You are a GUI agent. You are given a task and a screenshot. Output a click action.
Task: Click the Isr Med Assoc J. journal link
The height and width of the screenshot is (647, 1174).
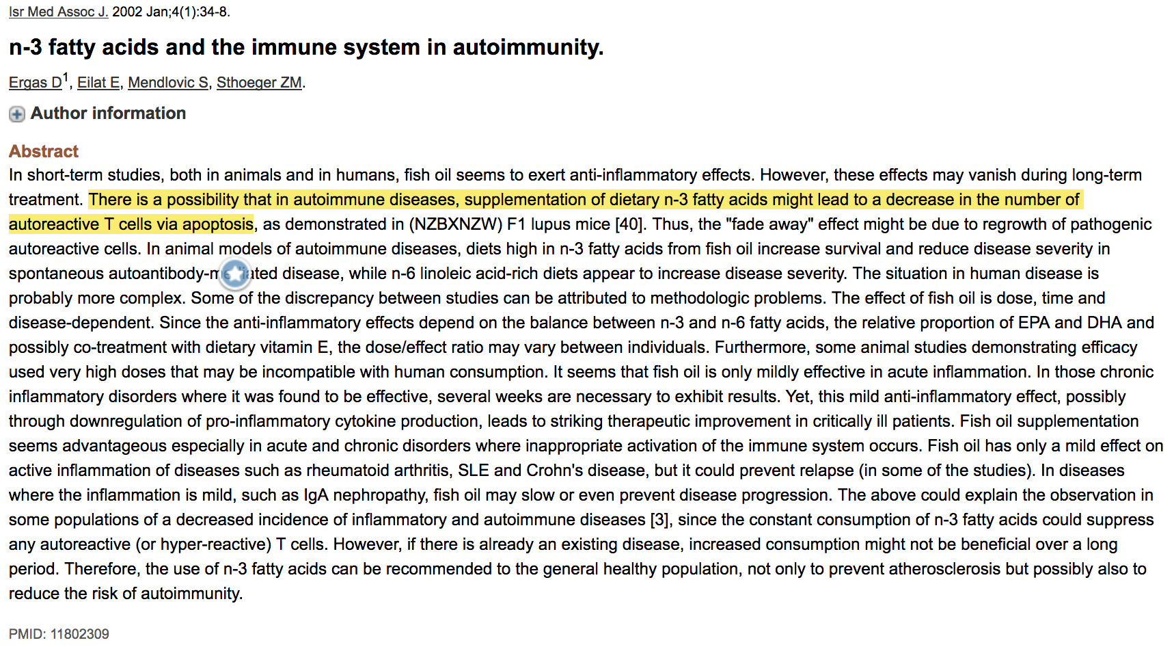58,12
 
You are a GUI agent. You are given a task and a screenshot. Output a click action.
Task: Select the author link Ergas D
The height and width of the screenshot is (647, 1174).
35,83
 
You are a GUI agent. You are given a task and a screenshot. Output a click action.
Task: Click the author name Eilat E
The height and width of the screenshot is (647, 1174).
98,83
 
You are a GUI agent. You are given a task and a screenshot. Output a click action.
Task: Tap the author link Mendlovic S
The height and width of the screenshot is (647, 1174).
168,83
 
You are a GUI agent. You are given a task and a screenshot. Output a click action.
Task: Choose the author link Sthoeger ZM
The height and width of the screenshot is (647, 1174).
259,83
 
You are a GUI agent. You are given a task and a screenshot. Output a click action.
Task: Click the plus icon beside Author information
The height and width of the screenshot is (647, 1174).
17,114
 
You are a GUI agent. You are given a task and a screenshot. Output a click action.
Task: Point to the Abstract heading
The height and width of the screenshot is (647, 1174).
44,151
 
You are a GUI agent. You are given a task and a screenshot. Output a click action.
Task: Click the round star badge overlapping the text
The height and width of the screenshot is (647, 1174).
235,274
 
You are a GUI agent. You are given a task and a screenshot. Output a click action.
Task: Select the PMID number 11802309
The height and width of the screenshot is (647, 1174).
79,634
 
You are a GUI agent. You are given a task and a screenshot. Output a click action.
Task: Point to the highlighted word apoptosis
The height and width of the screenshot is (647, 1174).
218,224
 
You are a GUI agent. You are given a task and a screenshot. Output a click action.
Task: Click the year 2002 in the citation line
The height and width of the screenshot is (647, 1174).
127,12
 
